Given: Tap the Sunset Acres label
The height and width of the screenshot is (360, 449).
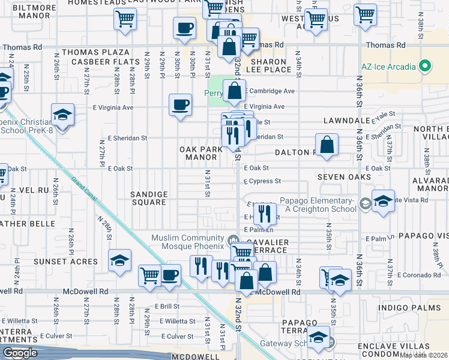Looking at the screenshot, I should coord(74,262).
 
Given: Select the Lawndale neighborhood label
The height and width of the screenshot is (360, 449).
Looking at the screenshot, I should coord(346,121).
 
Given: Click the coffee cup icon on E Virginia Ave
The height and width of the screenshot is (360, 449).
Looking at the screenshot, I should coord(181,105).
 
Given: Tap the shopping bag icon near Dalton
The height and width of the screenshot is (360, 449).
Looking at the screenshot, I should coord(326,145).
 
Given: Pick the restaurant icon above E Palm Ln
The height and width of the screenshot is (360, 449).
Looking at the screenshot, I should coord(265,212).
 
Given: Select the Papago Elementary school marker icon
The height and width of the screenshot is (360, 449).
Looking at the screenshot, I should coord(364,204).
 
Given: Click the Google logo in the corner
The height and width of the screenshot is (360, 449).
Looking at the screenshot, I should coord(20,353).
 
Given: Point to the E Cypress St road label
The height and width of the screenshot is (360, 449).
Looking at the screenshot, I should coord(262,181).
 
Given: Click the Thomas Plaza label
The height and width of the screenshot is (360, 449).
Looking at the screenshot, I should coord(95,53).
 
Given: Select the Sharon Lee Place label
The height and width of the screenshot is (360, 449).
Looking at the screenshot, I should coord(271,65).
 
